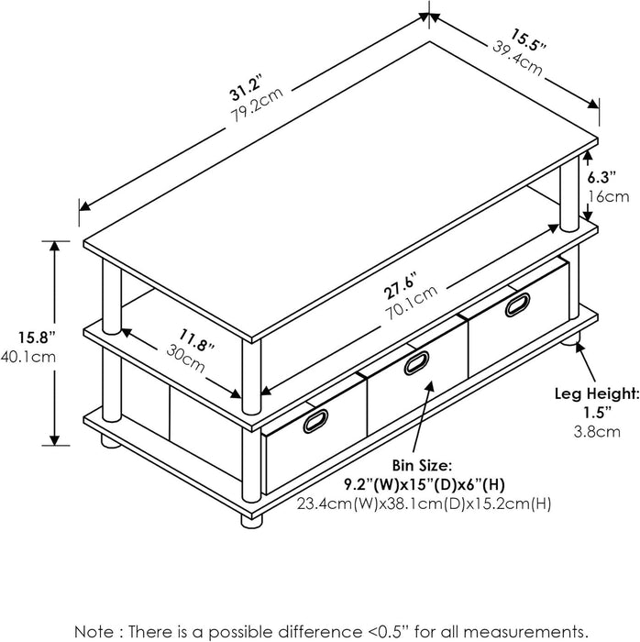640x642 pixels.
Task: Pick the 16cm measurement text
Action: tap(609, 196)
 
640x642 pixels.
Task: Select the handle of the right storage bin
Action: tap(517, 304)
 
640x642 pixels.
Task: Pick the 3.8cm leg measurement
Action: tap(602, 432)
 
